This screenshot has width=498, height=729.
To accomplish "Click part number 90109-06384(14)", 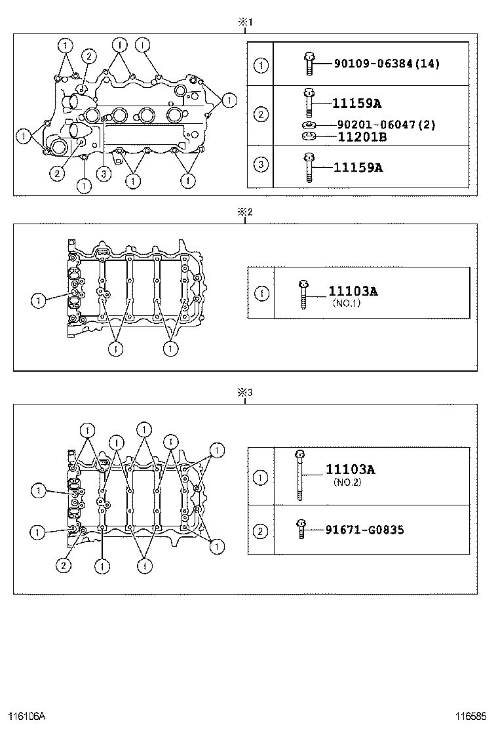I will tap(387, 64).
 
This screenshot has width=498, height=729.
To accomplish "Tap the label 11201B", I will tap(362, 137).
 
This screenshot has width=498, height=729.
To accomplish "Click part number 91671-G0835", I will tap(364, 530).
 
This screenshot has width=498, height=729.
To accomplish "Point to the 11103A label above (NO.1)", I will tap(353, 292).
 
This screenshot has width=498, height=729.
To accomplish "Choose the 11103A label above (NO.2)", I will tap(351, 469).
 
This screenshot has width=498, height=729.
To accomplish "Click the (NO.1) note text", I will tap(347, 304).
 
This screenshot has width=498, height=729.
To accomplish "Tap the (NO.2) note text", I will tap(347, 483).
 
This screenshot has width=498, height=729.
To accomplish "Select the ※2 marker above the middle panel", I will tap(244, 212).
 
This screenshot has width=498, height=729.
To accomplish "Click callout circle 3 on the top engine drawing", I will tap(104, 174).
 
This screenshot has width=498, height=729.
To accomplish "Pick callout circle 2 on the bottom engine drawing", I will tap(64, 565).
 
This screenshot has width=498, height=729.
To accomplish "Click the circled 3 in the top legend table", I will tap(261, 165).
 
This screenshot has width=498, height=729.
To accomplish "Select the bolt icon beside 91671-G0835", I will tap(301, 528).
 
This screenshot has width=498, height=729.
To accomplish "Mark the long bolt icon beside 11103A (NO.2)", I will tap(299, 475).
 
